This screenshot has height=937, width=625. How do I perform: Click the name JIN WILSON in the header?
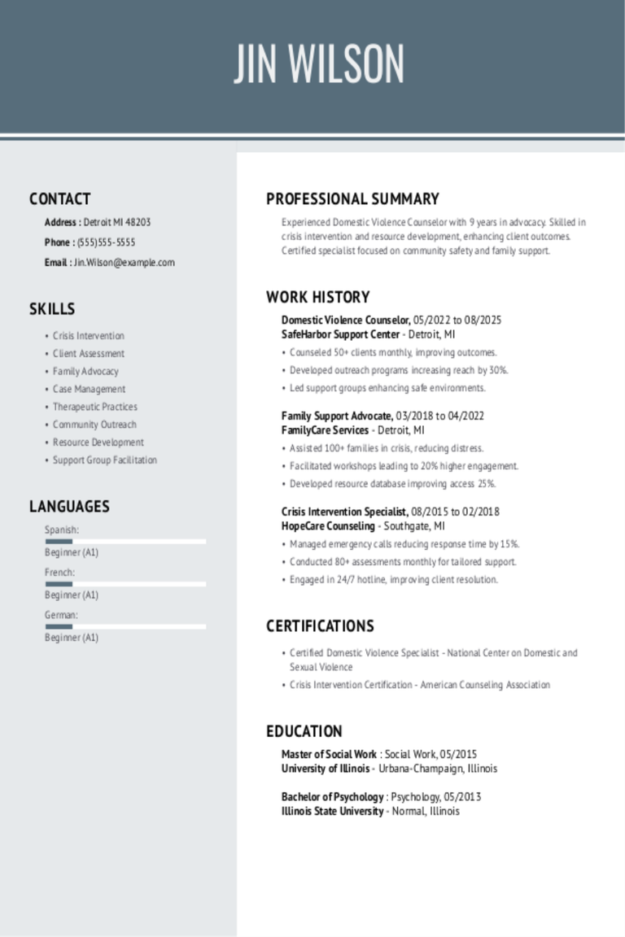(x=319, y=64)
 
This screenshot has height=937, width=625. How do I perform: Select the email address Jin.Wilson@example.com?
(x=124, y=263)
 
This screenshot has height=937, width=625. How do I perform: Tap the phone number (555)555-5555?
(x=106, y=242)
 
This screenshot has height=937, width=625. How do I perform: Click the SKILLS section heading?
(x=52, y=309)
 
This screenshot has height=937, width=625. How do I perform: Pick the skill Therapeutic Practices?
(x=94, y=407)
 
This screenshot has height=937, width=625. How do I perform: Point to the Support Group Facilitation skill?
(x=104, y=460)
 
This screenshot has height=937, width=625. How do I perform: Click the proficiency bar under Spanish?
(x=125, y=541)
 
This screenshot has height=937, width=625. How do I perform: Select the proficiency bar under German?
(x=125, y=626)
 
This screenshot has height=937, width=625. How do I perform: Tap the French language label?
(x=59, y=573)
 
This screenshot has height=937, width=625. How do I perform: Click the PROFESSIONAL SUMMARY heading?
(x=352, y=199)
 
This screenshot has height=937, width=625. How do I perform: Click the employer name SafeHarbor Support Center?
(x=340, y=334)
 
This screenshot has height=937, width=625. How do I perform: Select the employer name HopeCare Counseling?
(x=328, y=526)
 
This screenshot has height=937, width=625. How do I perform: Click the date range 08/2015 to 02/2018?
(x=456, y=512)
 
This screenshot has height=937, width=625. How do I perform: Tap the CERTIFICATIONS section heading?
(x=320, y=626)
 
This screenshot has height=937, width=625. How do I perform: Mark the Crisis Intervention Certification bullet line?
(x=419, y=685)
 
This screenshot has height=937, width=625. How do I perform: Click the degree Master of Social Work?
(x=329, y=754)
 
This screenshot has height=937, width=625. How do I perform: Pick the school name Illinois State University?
(x=332, y=811)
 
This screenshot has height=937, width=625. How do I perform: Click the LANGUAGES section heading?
(x=69, y=507)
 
